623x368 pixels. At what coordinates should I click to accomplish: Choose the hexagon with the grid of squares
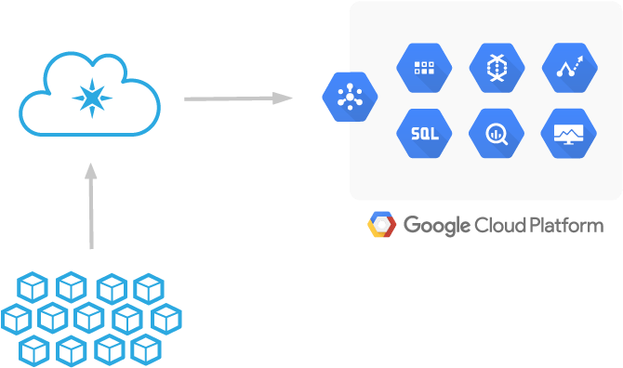(x=424, y=68)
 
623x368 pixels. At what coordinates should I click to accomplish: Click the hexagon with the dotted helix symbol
(x=497, y=68)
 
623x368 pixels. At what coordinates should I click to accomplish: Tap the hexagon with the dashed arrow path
(x=568, y=68)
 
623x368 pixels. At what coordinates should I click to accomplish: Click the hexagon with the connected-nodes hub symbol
(x=350, y=96)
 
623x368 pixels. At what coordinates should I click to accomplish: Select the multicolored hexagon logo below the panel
(x=382, y=225)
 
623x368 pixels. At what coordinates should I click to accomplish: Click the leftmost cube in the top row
(x=32, y=288)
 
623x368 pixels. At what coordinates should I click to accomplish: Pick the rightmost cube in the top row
(x=148, y=288)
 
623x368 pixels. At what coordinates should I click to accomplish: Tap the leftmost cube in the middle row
(x=17, y=319)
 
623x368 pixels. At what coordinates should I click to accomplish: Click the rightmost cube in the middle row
(x=166, y=319)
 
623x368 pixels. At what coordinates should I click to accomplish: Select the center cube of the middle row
(x=89, y=319)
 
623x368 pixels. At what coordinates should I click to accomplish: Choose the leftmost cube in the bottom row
(x=33, y=350)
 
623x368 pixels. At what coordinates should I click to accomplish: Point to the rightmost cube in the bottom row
(x=146, y=350)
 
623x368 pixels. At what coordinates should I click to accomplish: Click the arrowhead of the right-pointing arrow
(x=283, y=98)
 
